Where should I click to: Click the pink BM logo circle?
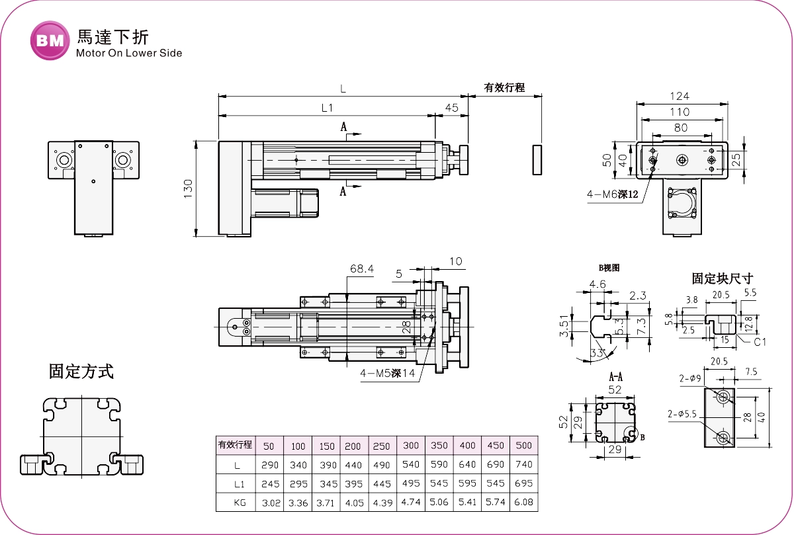point(50,40)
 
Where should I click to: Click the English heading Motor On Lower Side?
point(129,53)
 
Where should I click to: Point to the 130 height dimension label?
point(187,188)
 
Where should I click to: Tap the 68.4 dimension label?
point(362,268)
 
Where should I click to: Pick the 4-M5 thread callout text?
point(387,373)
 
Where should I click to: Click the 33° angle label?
point(598,353)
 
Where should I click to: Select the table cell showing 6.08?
point(523,503)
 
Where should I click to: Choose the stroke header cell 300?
point(411,445)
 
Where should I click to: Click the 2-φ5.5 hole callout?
point(683,414)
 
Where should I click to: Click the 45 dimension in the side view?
point(451,108)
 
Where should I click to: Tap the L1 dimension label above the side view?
point(326,108)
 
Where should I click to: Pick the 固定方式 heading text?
point(81,371)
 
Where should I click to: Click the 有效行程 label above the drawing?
point(504,87)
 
